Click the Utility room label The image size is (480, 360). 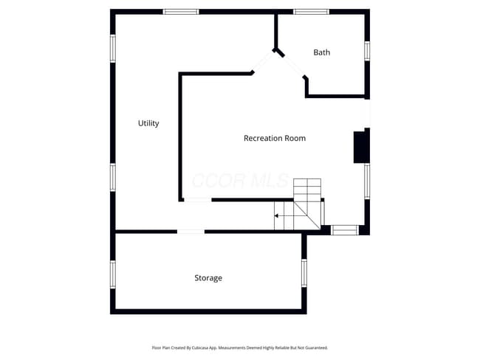(x=148, y=123)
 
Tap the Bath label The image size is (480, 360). (x=321, y=52)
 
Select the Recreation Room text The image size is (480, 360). (x=274, y=138)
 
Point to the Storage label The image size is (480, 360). (x=208, y=278)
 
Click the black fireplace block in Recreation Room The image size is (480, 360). (x=361, y=147)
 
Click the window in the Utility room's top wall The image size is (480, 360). (x=181, y=12)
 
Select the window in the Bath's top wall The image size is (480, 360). (x=311, y=12)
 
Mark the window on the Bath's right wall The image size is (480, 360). (x=366, y=50)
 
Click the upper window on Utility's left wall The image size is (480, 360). (x=113, y=48)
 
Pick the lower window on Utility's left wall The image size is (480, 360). (x=113, y=177)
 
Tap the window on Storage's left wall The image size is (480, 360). (x=113, y=273)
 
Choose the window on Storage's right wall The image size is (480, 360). (x=304, y=272)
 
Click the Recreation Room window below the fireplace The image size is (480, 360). (x=366, y=181)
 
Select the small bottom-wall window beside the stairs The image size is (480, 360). (x=344, y=230)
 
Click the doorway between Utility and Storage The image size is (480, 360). (x=191, y=232)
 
